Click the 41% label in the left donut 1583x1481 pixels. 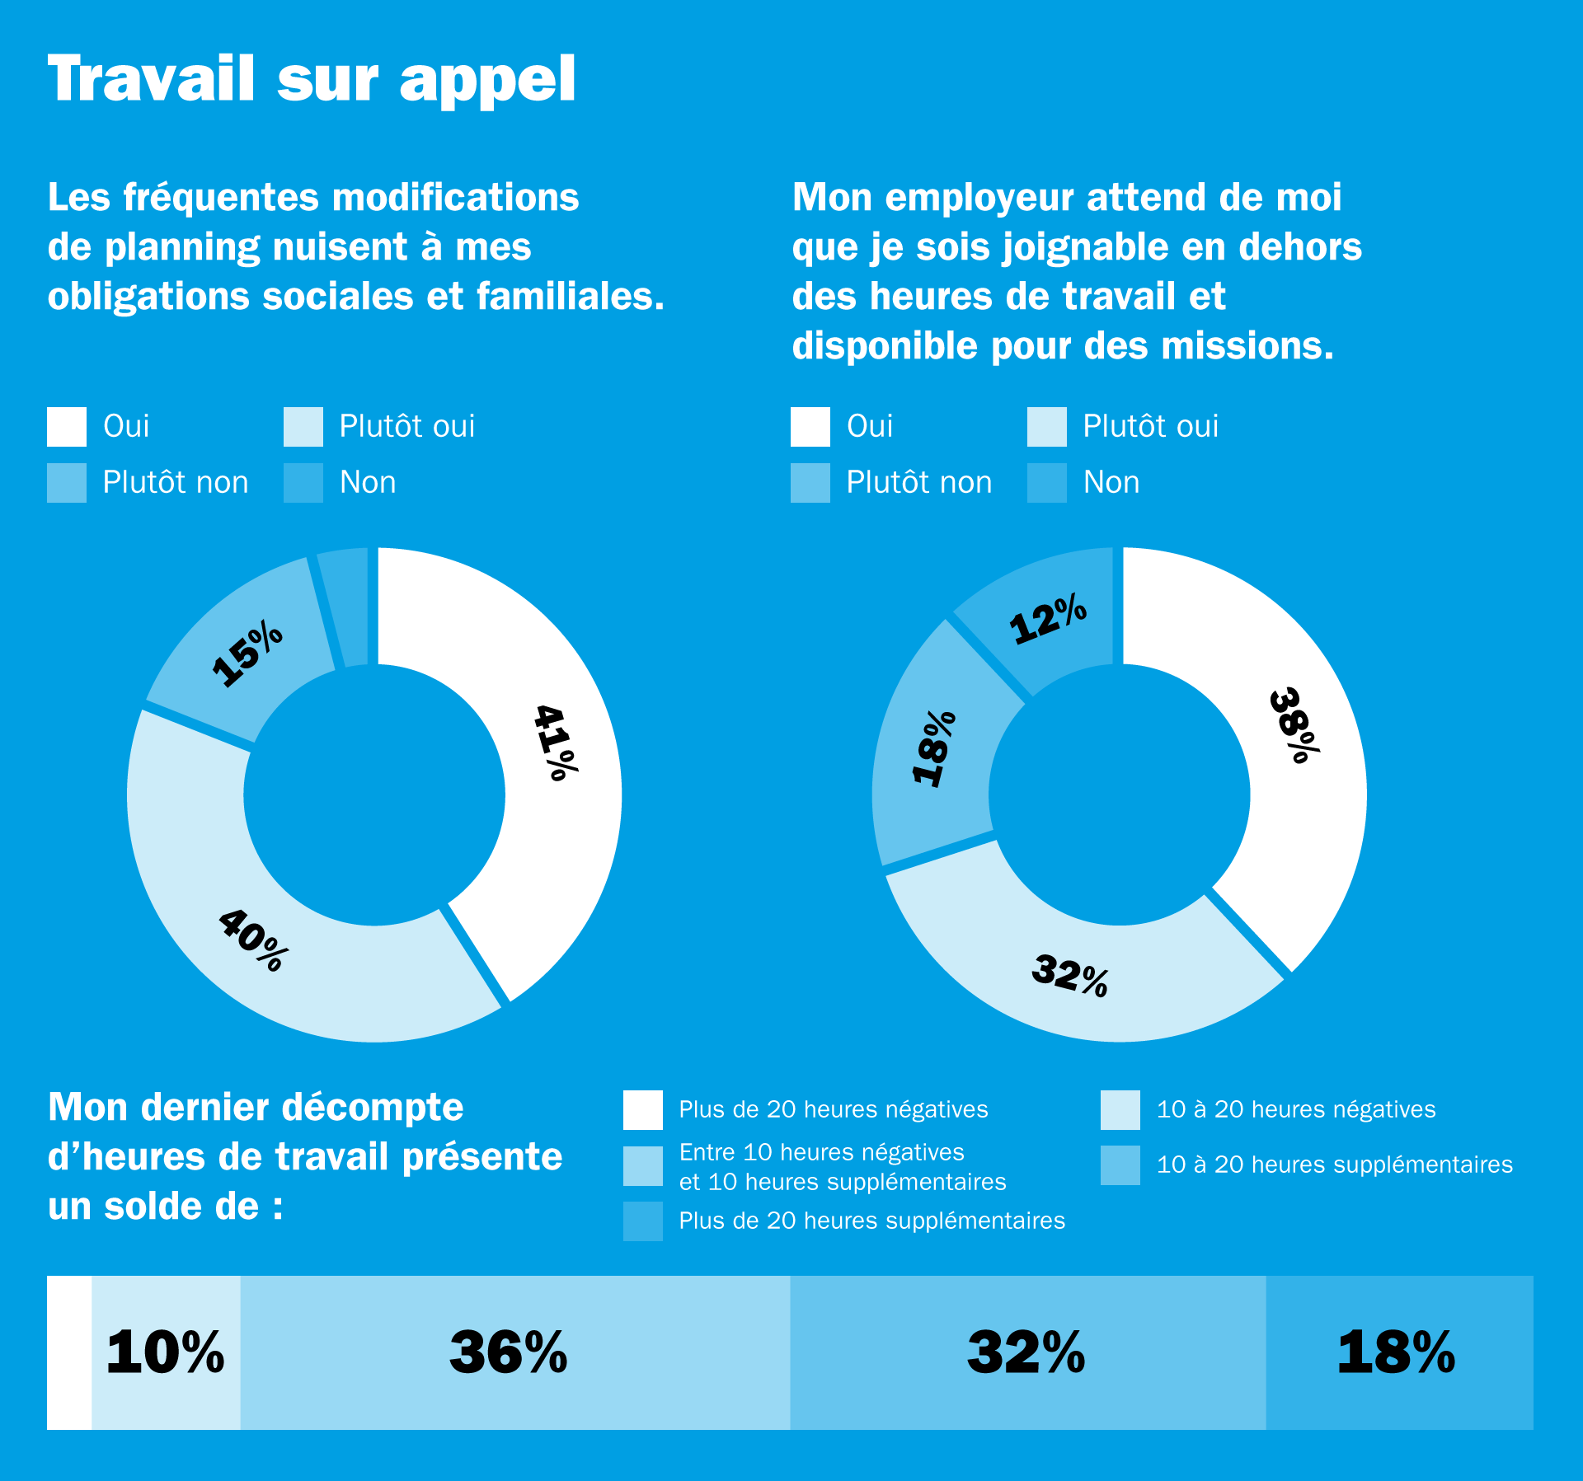(556, 742)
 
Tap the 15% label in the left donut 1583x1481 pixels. (247, 654)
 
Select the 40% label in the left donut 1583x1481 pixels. (254, 940)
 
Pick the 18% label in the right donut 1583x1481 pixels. (934, 748)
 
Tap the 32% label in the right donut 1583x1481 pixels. (1070, 975)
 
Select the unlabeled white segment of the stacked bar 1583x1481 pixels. (69, 1352)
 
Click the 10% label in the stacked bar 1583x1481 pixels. (165, 1352)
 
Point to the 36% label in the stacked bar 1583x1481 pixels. (509, 1352)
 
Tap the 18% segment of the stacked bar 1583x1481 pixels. (1399, 1352)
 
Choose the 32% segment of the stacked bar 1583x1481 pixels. (1026, 1352)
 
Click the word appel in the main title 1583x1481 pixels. (487, 81)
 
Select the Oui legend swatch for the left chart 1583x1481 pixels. (67, 427)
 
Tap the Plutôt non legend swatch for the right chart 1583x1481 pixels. (810, 483)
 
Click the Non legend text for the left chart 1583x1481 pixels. (368, 483)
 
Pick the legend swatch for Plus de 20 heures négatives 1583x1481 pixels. (643, 1110)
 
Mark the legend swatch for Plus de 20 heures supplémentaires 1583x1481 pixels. (643, 1221)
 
